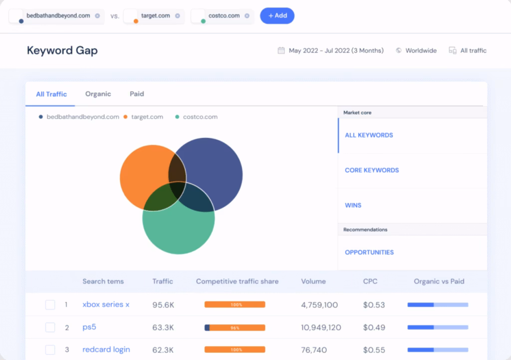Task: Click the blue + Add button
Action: tap(277, 15)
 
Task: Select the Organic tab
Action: tap(98, 94)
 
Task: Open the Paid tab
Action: tap(137, 94)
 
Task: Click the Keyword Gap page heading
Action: tap(62, 50)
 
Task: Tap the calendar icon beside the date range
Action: tap(281, 50)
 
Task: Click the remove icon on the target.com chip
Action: tap(177, 15)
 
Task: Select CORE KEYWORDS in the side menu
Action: tap(372, 170)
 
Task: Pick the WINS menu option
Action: tap(353, 205)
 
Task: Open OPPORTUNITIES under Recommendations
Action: tap(369, 252)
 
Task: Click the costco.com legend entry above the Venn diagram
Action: tap(200, 117)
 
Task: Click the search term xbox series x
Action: tap(106, 305)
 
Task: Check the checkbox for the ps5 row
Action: tap(50, 328)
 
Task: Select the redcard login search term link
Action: tap(106, 350)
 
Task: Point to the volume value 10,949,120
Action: tap(321, 328)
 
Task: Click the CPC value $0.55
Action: tap(374, 350)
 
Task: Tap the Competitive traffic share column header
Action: tap(237, 281)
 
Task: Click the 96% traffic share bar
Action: tap(235, 328)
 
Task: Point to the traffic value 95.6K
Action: tap(163, 305)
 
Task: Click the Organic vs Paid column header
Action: tap(439, 281)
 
